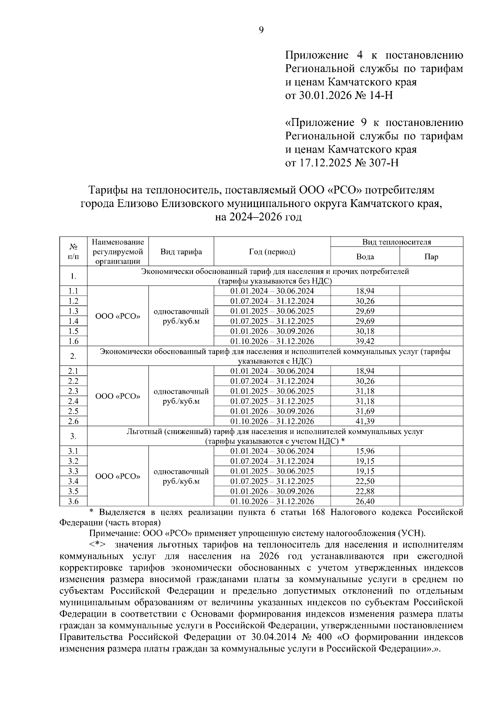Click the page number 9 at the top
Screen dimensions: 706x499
pyautogui.click(x=261, y=30)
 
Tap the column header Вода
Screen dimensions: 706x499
pyautogui.click(x=365, y=257)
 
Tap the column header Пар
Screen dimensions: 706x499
pyautogui.click(x=431, y=257)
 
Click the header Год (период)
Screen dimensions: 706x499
pyautogui.click(x=272, y=252)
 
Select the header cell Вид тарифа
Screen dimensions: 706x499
pyautogui.click(x=181, y=252)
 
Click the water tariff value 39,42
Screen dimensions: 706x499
pyautogui.click(x=365, y=341)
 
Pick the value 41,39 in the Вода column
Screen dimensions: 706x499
pyautogui.click(x=365, y=421)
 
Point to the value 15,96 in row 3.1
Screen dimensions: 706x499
pyautogui.click(x=365, y=451)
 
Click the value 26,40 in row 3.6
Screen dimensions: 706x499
pyautogui.click(x=365, y=501)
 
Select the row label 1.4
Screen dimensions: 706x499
pyautogui.click(x=73, y=321)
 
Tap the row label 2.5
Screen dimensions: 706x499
pyautogui.click(x=73, y=411)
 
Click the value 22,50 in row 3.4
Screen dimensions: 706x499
pyautogui.click(x=365, y=481)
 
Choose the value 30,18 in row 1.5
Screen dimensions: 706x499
pyautogui.click(x=365, y=331)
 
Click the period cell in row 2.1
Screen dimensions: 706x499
pyautogui.click(x=272, y=371)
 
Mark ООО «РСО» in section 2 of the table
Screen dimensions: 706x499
pyautogui.click(x=118, y=396)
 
